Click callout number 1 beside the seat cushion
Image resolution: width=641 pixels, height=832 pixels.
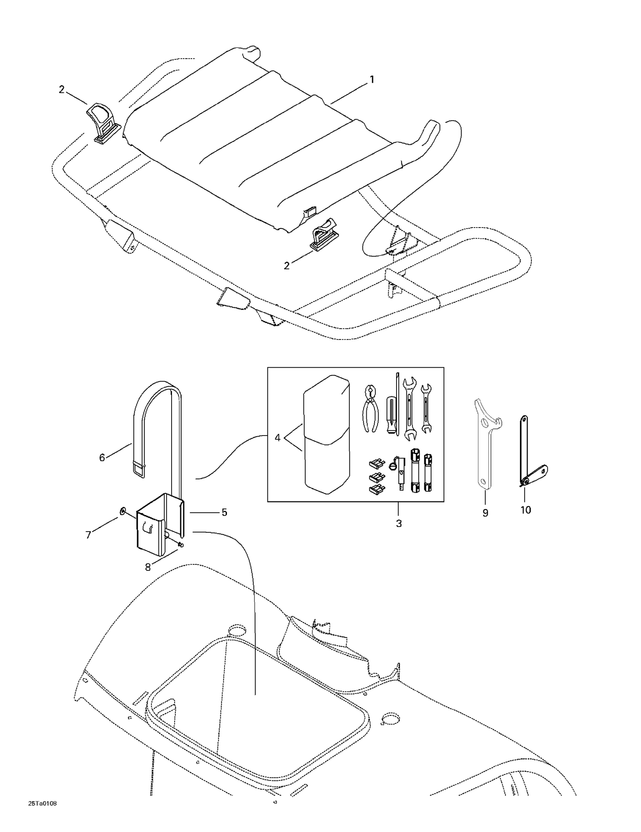click(371, 80)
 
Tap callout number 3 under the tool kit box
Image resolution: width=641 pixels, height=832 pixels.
click(399, 523)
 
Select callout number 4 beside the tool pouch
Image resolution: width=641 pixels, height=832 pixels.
click(277, 438)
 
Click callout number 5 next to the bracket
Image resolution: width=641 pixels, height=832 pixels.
click(224, 513)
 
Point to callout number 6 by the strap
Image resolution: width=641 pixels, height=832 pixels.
click(102, 458)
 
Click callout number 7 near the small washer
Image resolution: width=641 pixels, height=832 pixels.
click(88, 535)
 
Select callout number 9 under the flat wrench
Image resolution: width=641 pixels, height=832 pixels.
click(485, 513)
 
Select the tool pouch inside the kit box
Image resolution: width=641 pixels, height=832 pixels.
click(326, 434)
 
